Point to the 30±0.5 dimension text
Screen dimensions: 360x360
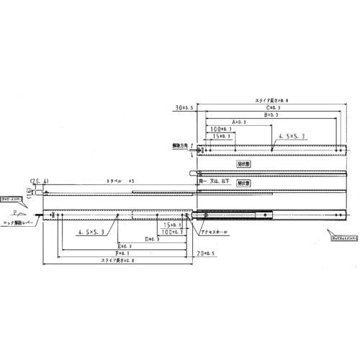(184, 107)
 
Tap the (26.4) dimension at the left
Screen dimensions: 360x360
(38, 180)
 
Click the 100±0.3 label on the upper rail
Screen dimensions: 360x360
(219, 129)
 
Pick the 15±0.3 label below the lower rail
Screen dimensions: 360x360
(172, 226)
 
